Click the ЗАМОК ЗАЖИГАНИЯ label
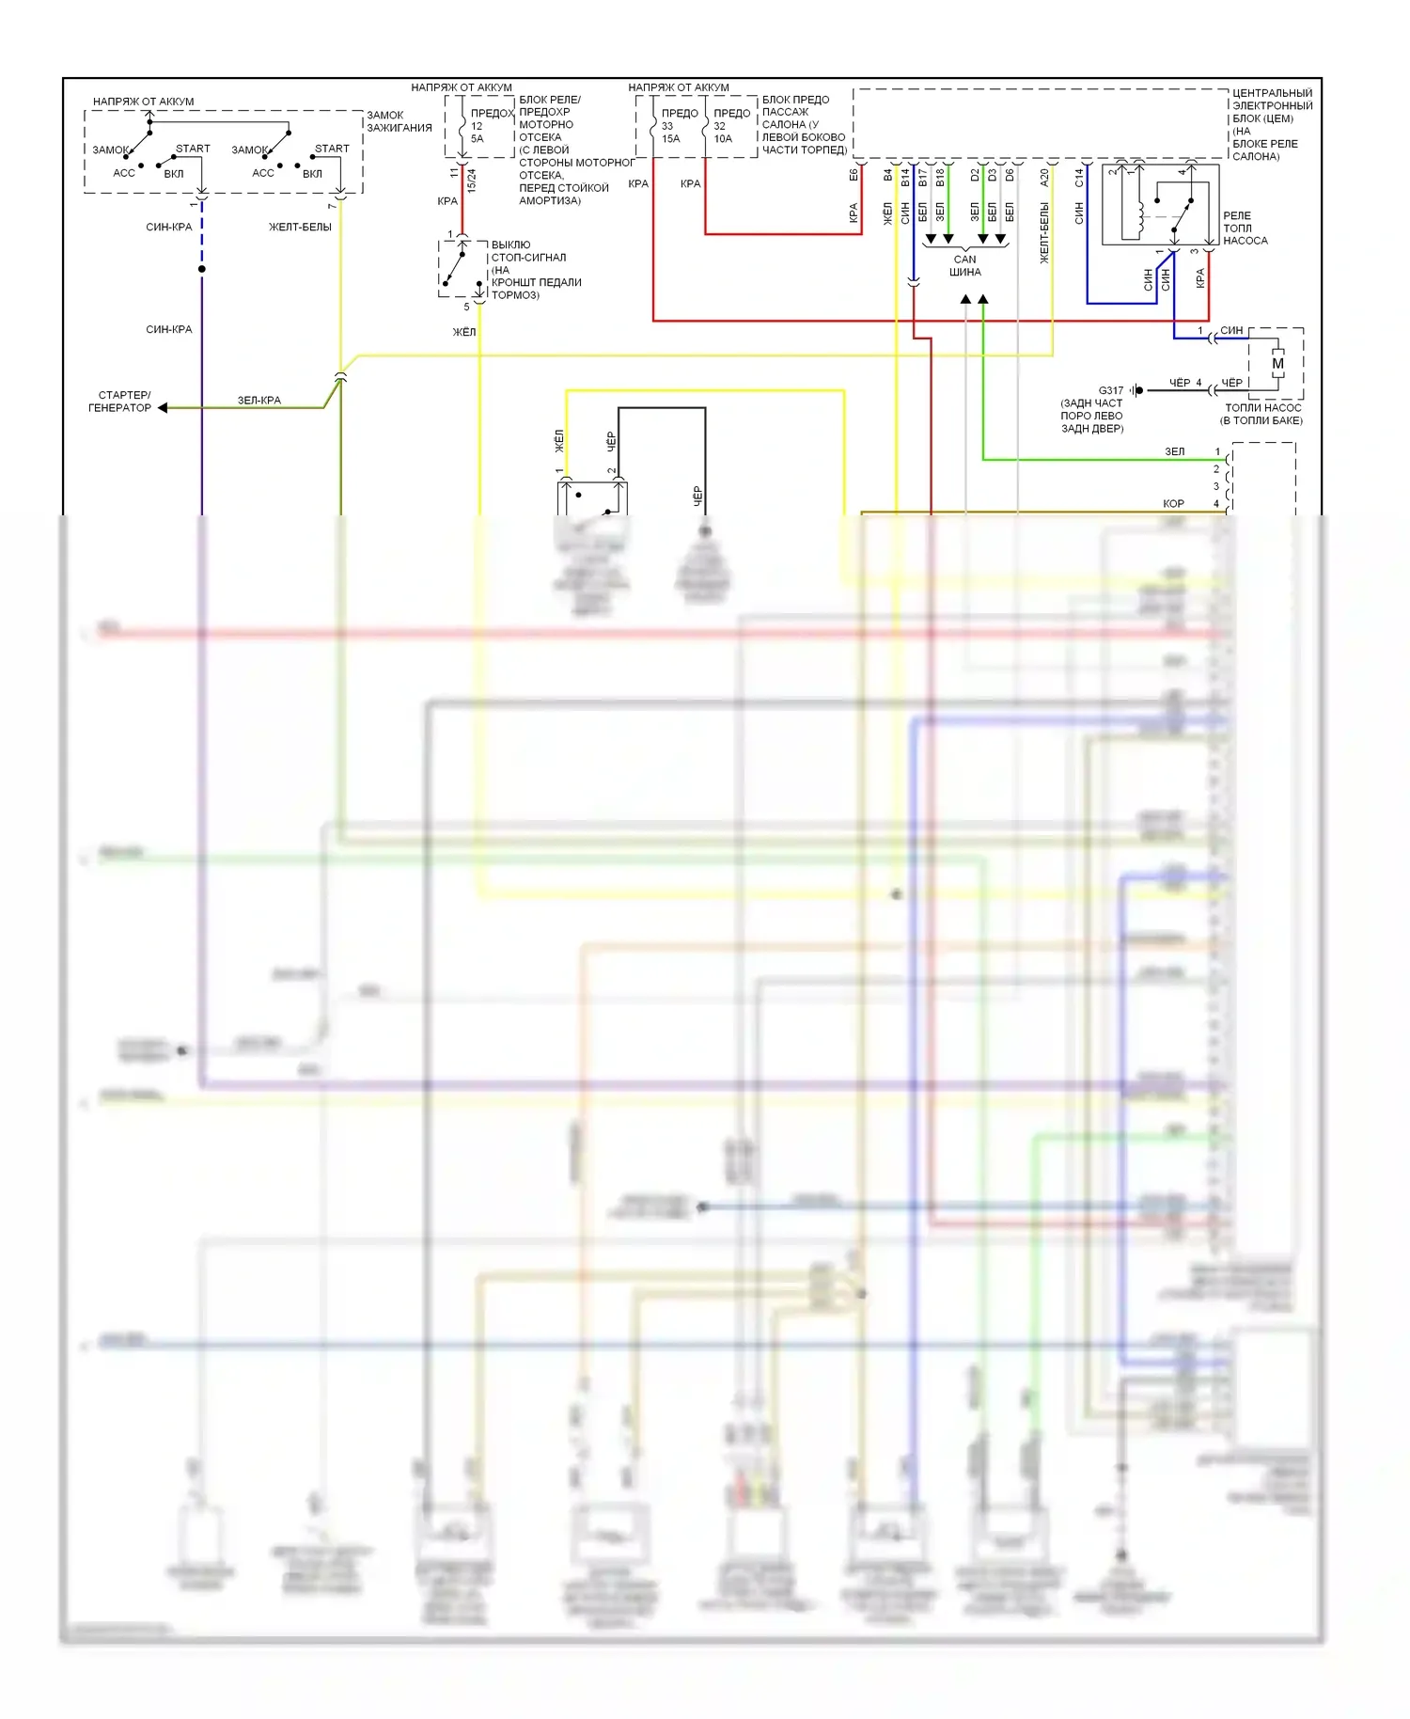coord(399,121)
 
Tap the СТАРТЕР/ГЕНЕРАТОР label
coord(120,402)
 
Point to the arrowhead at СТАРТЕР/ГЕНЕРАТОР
coord(163,408)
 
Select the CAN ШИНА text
coord(965,265)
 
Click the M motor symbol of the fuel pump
coord(1277,364)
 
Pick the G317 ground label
coord(1111,390)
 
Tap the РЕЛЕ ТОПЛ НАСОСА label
coord(1245,229)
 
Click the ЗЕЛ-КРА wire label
coord(258,401)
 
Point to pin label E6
coord(854,175)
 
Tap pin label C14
coord(1079,177)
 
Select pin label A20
coord(1044,177)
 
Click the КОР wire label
coord(1173,504)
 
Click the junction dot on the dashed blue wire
coord(202,269)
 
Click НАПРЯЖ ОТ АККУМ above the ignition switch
coord(143,102)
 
